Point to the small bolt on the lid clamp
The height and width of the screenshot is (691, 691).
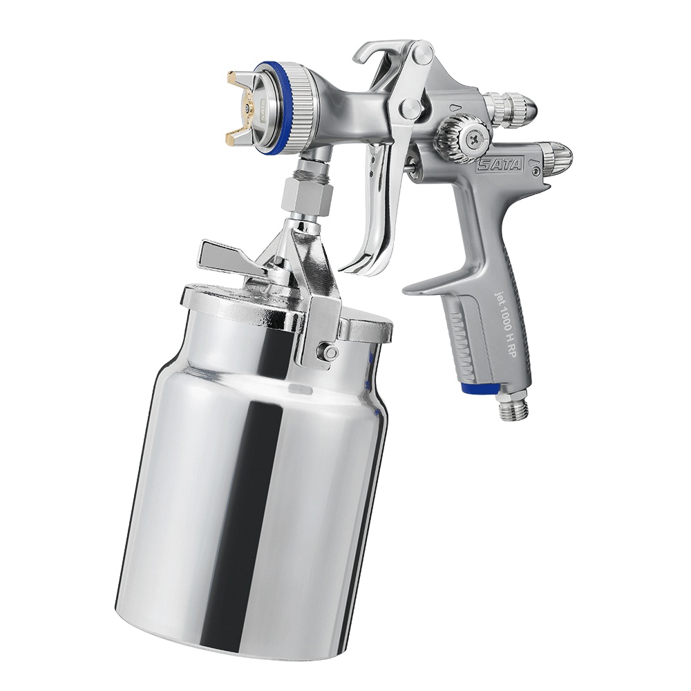click(330, 353)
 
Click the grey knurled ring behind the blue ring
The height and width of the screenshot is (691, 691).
click(301, 107)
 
